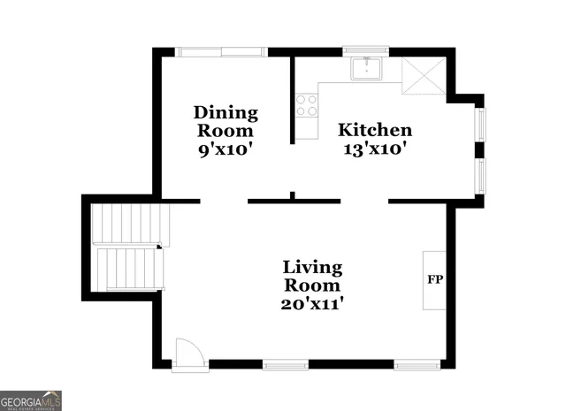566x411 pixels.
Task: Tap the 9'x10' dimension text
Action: pyautogui.click(x=226, y=149)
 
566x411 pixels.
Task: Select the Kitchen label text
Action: pyautogui.click(x=376, y=130)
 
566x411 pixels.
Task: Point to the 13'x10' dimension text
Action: pyautogui.click(x=376, y=149)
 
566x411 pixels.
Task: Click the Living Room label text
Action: pyautogui.click(x=313, y=276)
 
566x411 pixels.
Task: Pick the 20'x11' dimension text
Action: pyautogui.click(x=313, y=304)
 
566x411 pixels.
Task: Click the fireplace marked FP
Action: pyautogui.click(x=434, y=279)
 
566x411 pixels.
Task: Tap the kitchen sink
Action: pyautogui.click(x=366, y=68)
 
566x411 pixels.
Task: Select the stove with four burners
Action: pyautogui.click(x=307, y=106)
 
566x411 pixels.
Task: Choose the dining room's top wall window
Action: pyautogui.click(x=221, y=51)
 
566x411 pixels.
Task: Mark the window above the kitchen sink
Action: pyautogui.click(x=365, y=51)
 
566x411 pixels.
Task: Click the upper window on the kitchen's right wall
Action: pyautogui.click(x=481, y=124)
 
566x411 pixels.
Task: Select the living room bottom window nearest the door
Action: pyautogui.click(x=285, y=364)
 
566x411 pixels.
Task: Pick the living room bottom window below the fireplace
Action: pyautogui.click(x=417, y=364)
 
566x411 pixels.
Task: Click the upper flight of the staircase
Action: pyautogui.click(x=130, y=225)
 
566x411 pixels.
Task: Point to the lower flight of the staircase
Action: pyautogui.click(x=129, y=268)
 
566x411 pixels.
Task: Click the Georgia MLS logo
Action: pyautogui.click(x=31, y=400)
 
